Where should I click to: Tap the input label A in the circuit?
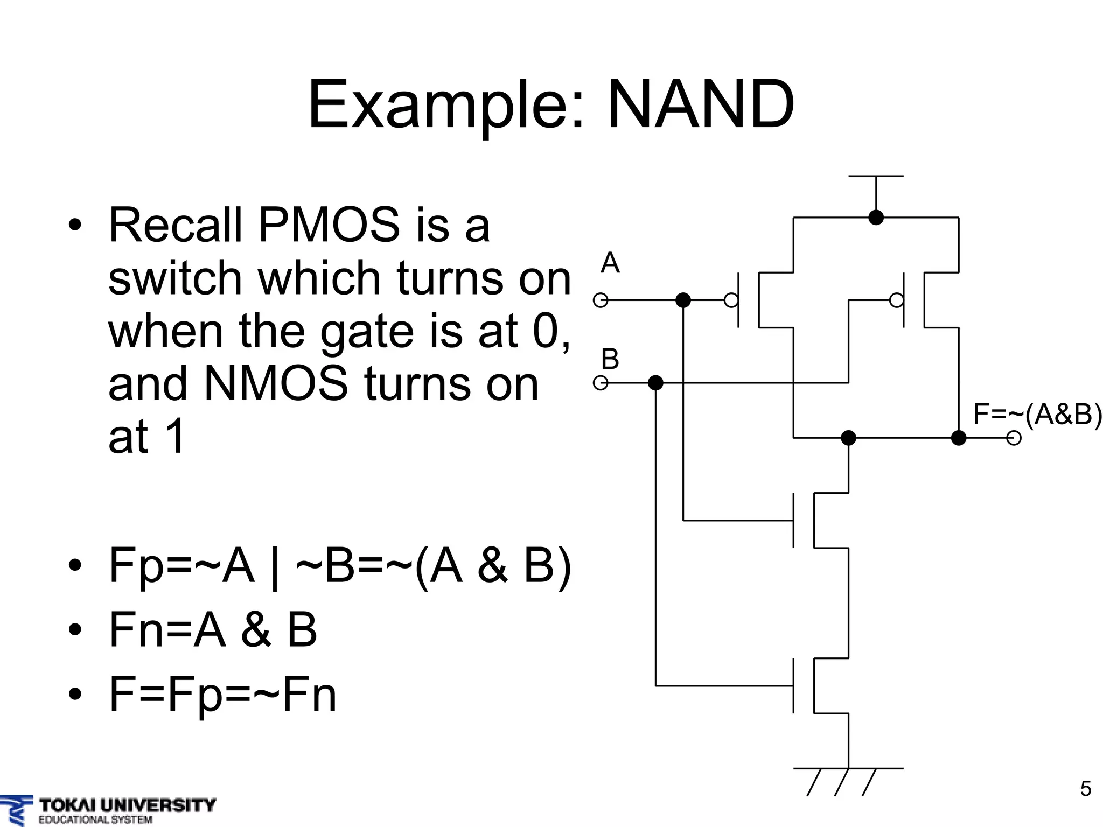click(610, 263)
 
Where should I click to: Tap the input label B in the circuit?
click(610, 359)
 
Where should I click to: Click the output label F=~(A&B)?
click(1037, 415)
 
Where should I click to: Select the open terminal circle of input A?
click(601, 300)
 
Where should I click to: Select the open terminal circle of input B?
click(601, 383)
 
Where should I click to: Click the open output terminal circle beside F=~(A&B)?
click(1014, 438)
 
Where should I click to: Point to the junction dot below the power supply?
click(876, 218)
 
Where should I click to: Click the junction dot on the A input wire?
click(683, 300)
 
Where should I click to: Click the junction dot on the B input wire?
click(655, 383)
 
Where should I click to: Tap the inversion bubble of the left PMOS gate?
click(731, 300)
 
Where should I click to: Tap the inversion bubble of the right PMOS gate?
click(896, 300)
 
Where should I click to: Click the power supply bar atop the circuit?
click(876, 177)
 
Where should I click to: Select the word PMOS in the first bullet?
click(329, 225)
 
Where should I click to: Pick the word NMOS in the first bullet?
click(276, 384)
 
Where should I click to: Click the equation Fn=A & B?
click(213, 629)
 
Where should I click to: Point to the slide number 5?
click(1085, 789)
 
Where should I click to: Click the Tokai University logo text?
click(127, 806)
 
